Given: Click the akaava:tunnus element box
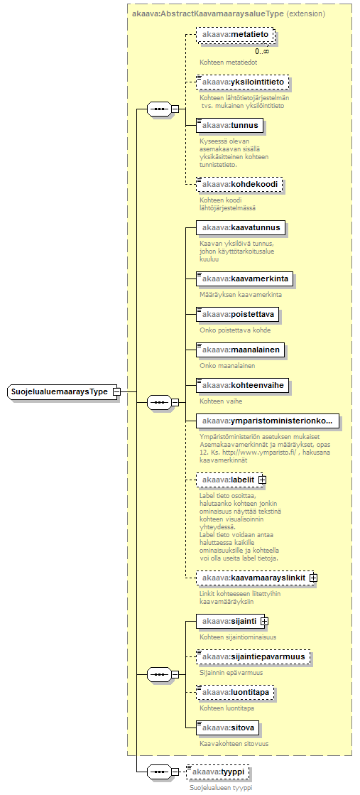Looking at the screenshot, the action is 229,125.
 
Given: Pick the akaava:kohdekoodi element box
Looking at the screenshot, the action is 239,184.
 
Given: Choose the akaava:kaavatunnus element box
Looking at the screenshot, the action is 241,227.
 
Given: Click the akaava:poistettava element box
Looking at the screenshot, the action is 237,314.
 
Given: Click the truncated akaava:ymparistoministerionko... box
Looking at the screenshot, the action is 268,421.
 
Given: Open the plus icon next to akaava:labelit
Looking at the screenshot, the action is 262,479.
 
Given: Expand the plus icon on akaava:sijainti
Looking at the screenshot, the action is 264,620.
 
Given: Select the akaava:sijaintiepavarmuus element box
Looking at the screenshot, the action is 253,656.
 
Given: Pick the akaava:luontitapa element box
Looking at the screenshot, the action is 235,692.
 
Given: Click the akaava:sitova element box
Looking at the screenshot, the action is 228,728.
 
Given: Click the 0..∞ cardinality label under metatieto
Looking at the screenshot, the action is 262,50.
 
